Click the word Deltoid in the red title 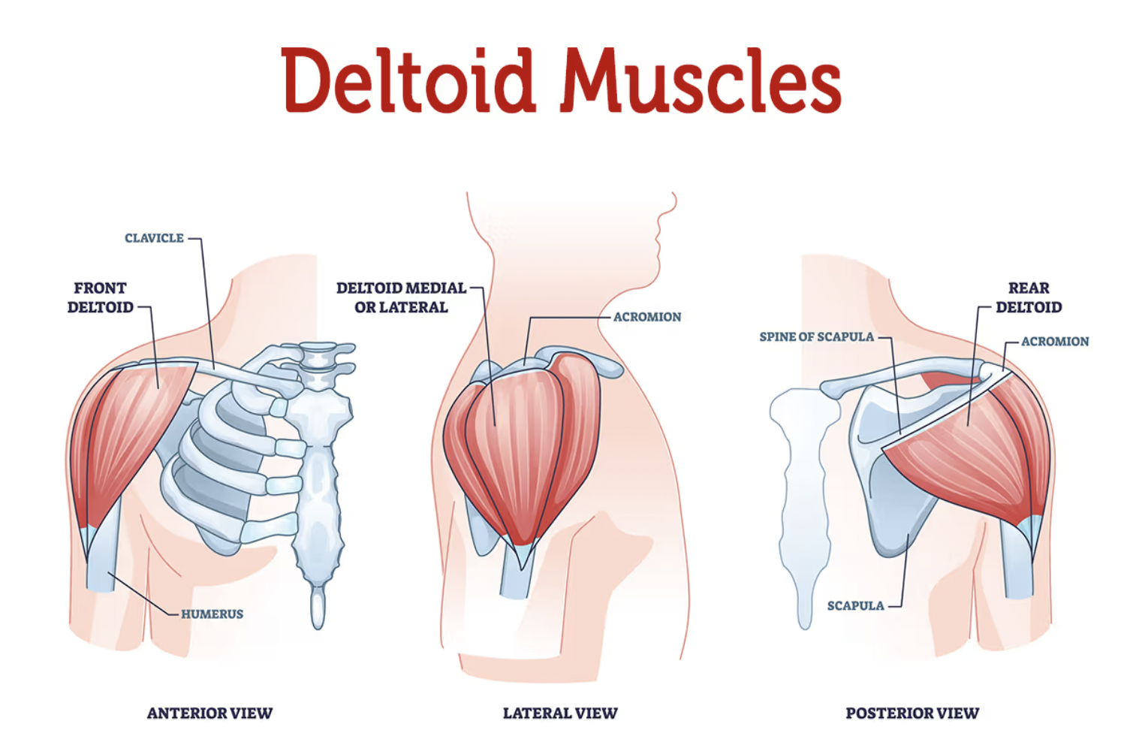(x=408, y=81)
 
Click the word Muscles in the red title (x=701, y=81)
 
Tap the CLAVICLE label (x=154, y=238)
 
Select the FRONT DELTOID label (x=100, y=297)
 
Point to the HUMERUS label (x=212, y=614)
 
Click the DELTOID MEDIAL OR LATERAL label (x=401, y=297)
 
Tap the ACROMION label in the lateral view (x=647, y=317)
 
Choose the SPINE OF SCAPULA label (x=816, y=337)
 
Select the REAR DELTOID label (x=1029, y=297)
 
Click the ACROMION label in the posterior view (x=1054, y=342)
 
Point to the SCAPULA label (x=855, y=605)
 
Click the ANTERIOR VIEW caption (x=209, y=713)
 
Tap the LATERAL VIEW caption (x=560, y=713)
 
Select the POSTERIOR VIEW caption (x=912, y=713)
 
